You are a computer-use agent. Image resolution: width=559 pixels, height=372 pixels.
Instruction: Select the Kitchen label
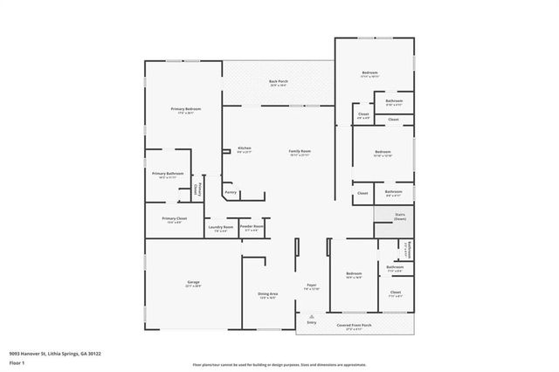click(x=245, y=148)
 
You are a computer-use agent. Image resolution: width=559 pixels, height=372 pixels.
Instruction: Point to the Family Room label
click(x=300, y=151)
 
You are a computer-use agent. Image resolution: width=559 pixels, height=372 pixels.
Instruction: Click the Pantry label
click(x=231, y=191)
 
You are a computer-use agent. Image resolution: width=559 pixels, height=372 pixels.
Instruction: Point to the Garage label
click(x=193, y=282)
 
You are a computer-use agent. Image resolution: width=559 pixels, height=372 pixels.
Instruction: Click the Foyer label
click(x=311, y=286)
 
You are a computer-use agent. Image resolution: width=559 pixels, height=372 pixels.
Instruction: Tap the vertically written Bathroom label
click(x=406, y=249)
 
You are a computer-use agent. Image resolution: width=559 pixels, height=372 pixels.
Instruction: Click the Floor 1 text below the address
click(x=16, y=362)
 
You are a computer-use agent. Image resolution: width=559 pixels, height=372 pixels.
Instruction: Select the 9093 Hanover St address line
click(x=56, y=353)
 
